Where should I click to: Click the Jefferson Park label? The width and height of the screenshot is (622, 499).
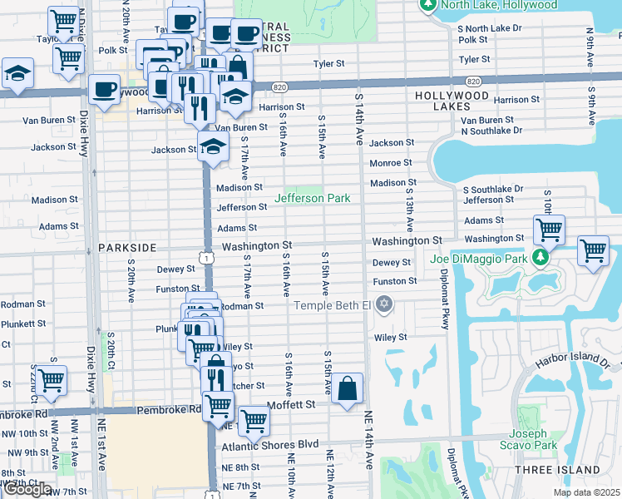click(x=313, y=199)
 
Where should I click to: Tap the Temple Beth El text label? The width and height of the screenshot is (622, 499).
click(x=332, y=305)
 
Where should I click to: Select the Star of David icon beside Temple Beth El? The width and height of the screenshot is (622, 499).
click(x=383, y=304)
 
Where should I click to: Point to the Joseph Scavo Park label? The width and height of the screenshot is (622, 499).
click(x=530, y=439)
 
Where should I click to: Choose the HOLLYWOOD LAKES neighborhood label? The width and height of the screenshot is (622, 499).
click(x=452, y=96)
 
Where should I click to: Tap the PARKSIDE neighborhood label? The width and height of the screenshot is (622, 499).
click(x=126, y=248)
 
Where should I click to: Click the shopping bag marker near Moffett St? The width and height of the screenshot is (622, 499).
click(x=347, y=389)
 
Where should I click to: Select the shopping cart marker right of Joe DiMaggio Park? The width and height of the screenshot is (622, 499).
click(x=592, y=249)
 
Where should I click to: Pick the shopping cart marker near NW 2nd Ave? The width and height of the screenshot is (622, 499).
click(x=51, y=381)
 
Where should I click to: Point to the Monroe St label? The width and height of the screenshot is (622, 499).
click(x=390, y=163)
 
